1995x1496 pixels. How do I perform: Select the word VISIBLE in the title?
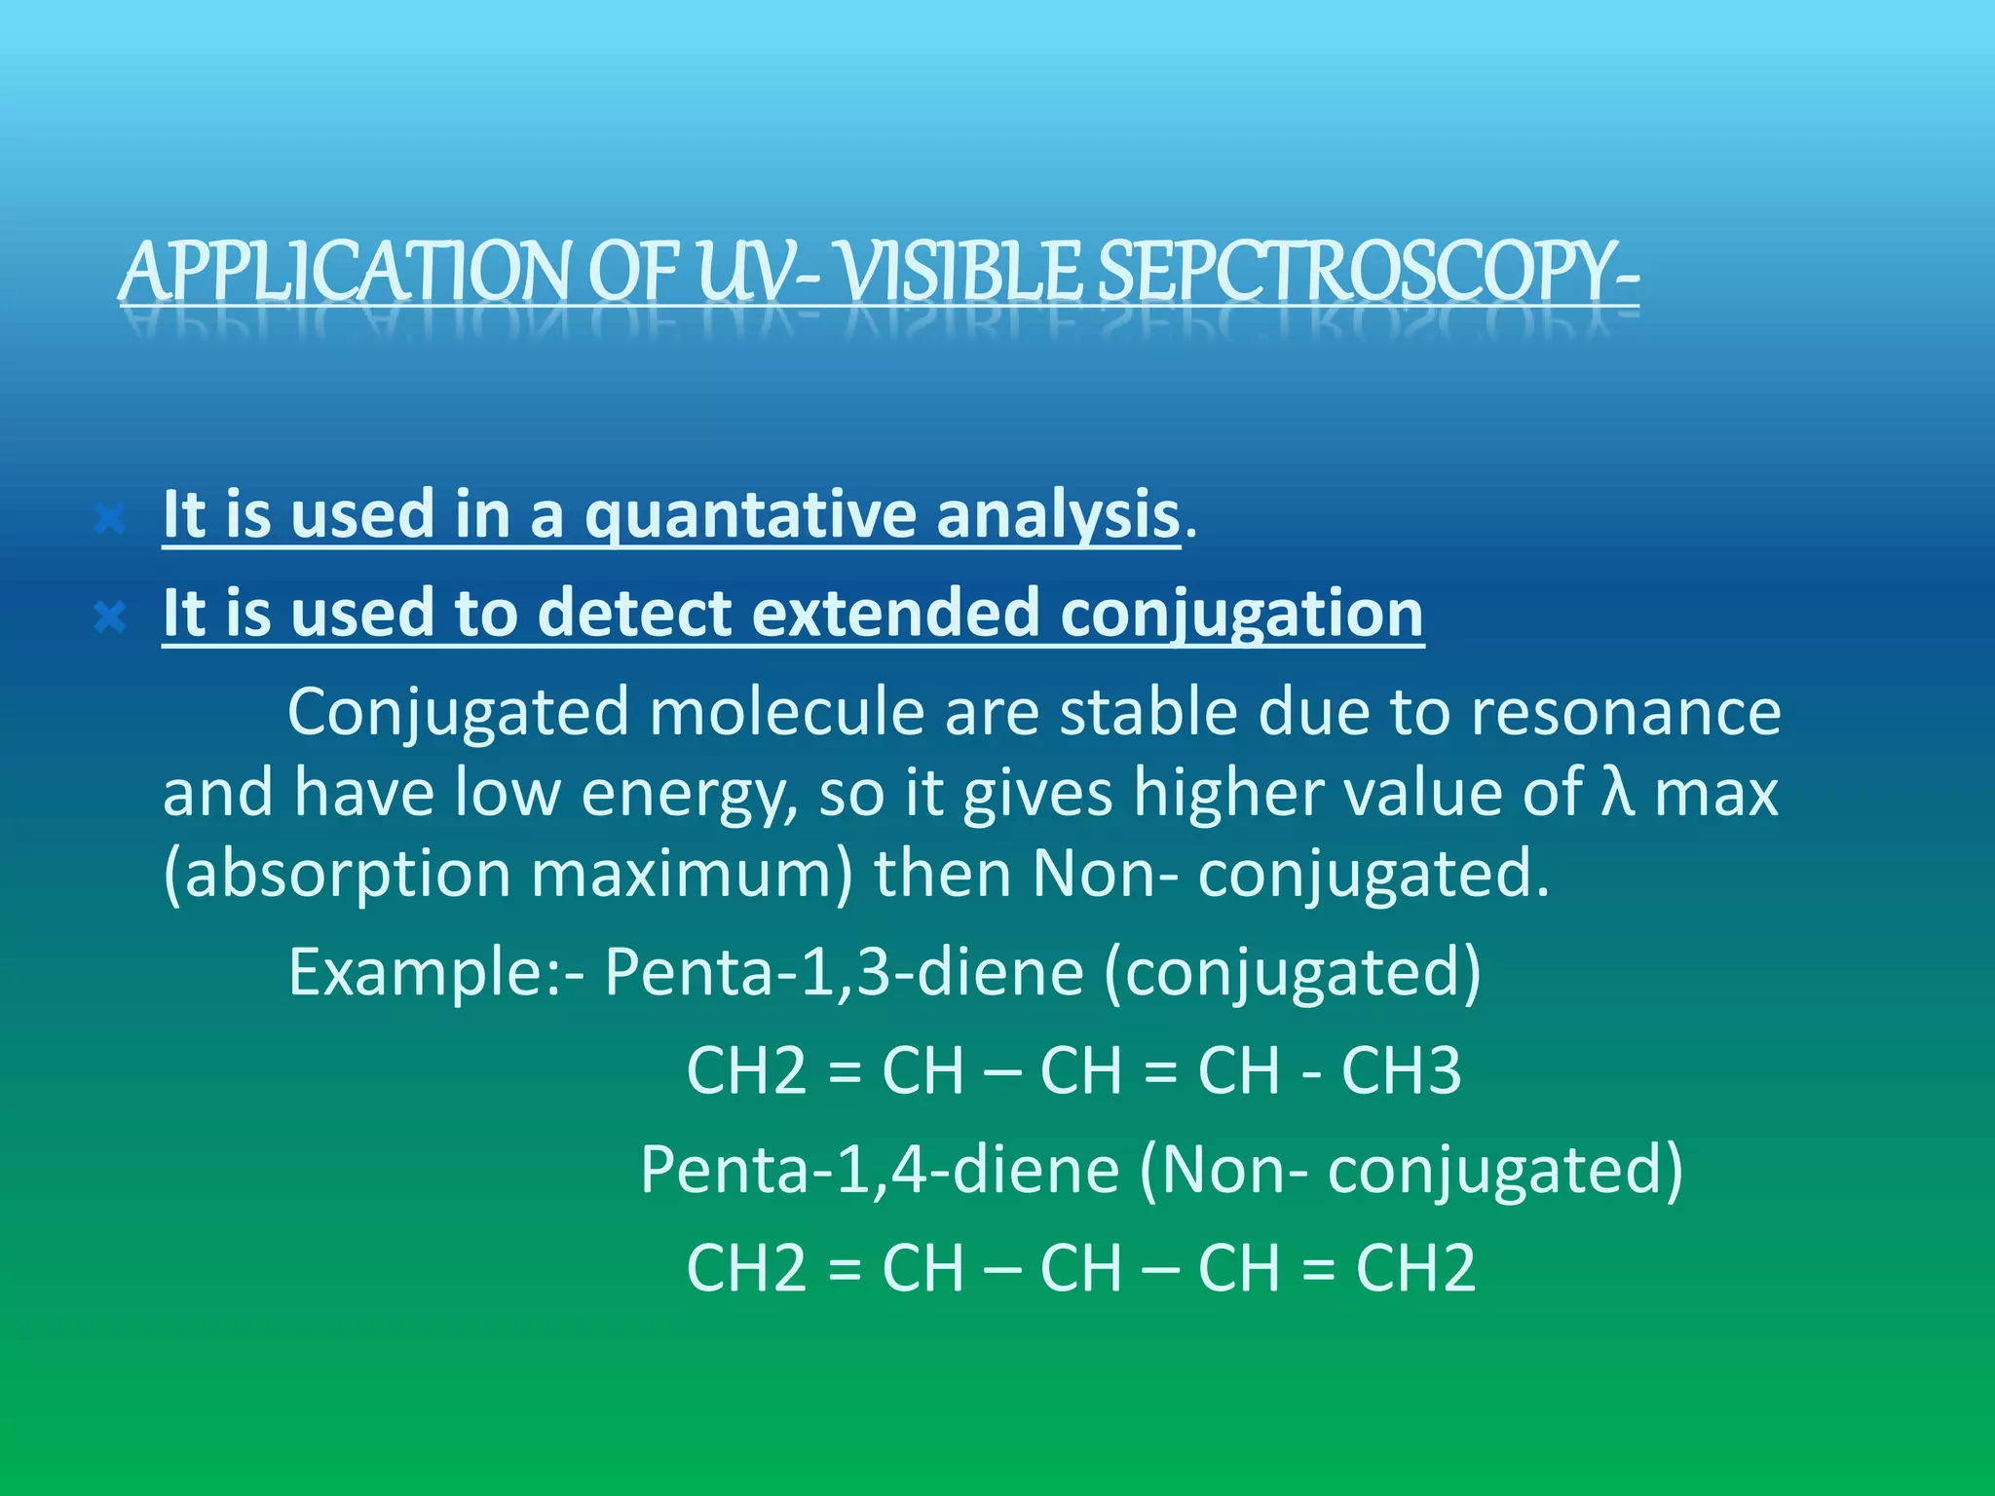click(960, 272)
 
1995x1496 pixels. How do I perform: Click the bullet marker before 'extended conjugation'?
click(110, 617)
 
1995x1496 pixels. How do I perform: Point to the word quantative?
click(750, 515)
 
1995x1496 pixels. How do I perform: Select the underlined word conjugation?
click(1242, 615)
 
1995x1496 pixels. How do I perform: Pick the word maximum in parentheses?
click(692, 874)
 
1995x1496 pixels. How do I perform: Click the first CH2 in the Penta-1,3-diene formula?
click(746, 1071)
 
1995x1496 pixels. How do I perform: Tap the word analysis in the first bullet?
click(1058, 515)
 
